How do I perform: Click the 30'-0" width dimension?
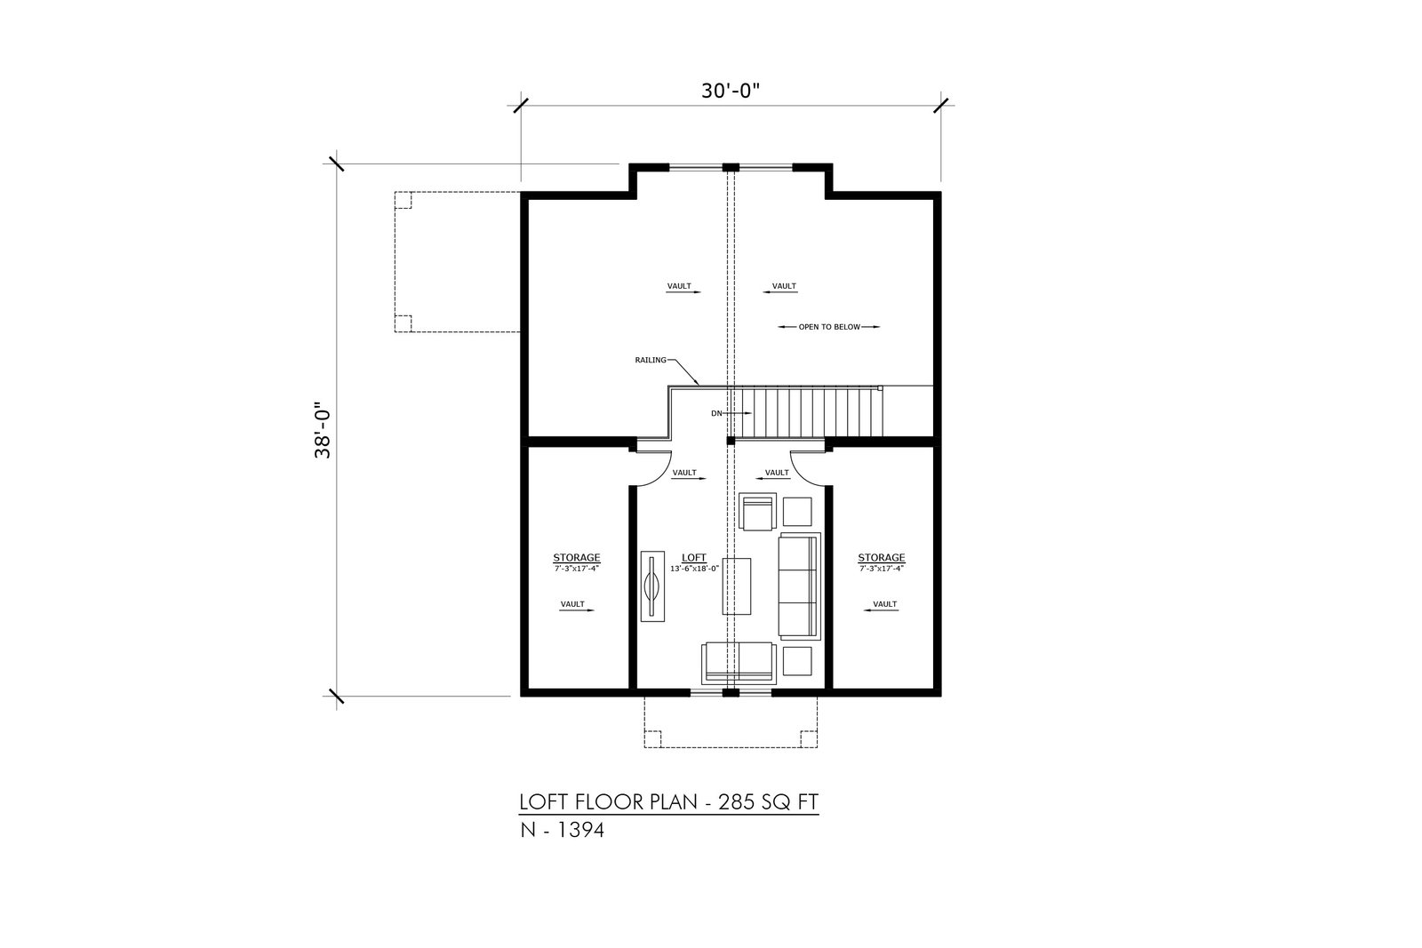click(730, 91)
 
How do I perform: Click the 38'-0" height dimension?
click(323, 430)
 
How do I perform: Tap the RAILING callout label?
click(651, 361)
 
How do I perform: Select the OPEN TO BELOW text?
click(829, 327)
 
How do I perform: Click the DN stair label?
click(716, 413)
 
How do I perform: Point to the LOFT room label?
click(694, 558)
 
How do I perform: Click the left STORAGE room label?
click(577, 558)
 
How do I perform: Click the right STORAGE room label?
click(881, 558)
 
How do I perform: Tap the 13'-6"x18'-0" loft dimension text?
click(694, 569)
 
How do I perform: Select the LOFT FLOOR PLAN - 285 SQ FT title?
click(669, 802)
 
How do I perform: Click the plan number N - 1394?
click(562, 830)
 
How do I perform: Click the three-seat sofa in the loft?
click(800, 586)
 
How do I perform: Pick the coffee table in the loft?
click(737, 586)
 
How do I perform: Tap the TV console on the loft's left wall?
click(652, 586)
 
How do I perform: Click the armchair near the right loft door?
click(758, 512)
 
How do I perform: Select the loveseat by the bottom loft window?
click(739, 664)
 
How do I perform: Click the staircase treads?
click(808, 413)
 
